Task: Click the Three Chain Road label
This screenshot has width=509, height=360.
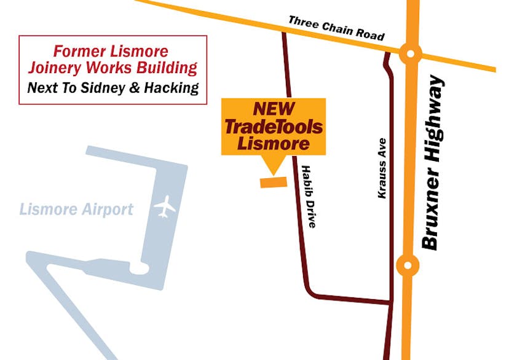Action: pyautogui.click(x=336, y=28)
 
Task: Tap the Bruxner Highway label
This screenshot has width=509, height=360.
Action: pyautogui.click(x=433, y=162)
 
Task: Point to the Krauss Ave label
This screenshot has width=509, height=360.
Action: pyautogui.click(x=382, y=172)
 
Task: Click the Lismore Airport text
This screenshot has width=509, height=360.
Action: pyautogui.click(x=76, y=209)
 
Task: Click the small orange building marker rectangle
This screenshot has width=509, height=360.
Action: pyautogui.click(x=274, y=182)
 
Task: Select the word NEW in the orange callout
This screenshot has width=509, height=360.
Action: pyautogui.click(x=274, y=109)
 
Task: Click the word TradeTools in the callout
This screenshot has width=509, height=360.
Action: pyautogui.click(x=274, y=127)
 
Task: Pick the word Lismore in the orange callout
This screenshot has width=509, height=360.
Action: pyautogui.click(x=274, y=144)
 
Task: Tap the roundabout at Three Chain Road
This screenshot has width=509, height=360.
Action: pyautogui.click(x=410, y=53)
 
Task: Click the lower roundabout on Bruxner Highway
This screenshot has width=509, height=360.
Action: pyautogui.click(x=406, y=265)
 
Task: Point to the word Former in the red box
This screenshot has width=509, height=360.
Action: pyautogui.click(x=76, y=51)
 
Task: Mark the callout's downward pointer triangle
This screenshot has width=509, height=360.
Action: pyautogui.click(x=270, y=164)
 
